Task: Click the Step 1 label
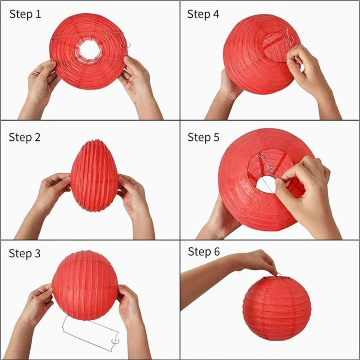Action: coord(25,14)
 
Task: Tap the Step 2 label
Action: coord(24,137)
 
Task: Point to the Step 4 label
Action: coord(203,14)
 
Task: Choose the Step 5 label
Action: coord(203,137)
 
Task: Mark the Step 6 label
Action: coord(203,252)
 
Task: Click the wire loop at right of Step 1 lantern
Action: coord(125,45)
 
